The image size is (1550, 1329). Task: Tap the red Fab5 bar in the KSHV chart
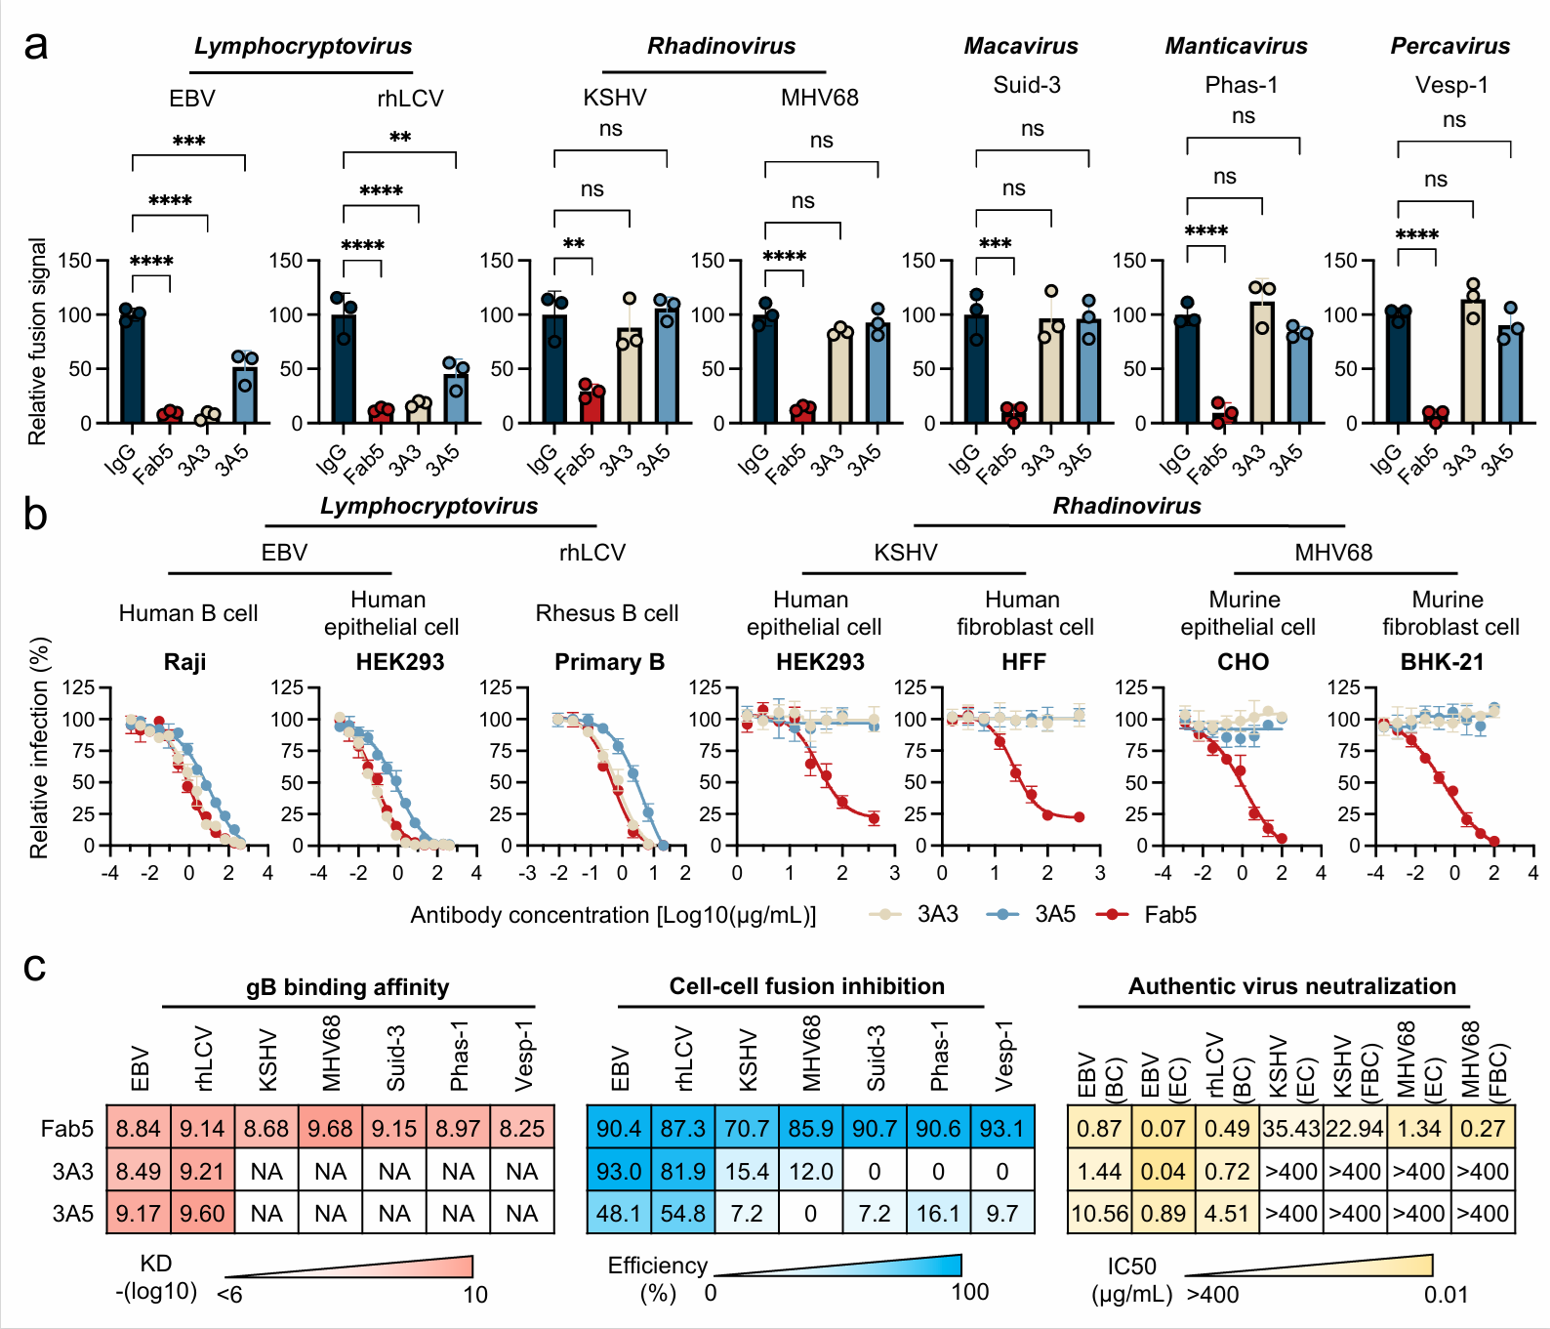click(591, 405)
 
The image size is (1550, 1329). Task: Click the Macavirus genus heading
click(1021, 46)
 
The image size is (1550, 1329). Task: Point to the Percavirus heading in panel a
click(1449, 46)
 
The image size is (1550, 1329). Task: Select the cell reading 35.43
click(1290, 1129)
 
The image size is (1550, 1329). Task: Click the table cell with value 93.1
click(1001, 1129)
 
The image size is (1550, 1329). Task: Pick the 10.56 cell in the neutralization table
click(1099, 1214)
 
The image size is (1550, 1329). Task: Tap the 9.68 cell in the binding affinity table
click(330, 1129)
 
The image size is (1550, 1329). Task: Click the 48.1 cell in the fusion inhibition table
click(618, 1214)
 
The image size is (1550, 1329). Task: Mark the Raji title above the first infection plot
click(184, 662)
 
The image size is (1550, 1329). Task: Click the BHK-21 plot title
click(1442, 662)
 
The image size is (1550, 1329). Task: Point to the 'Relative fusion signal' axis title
click(37, 342)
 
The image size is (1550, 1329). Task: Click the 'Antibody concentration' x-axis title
click(613, 915)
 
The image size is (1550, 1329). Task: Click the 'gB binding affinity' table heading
click(347, 987)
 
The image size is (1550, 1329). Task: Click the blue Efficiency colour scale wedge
click(878, 1266)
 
